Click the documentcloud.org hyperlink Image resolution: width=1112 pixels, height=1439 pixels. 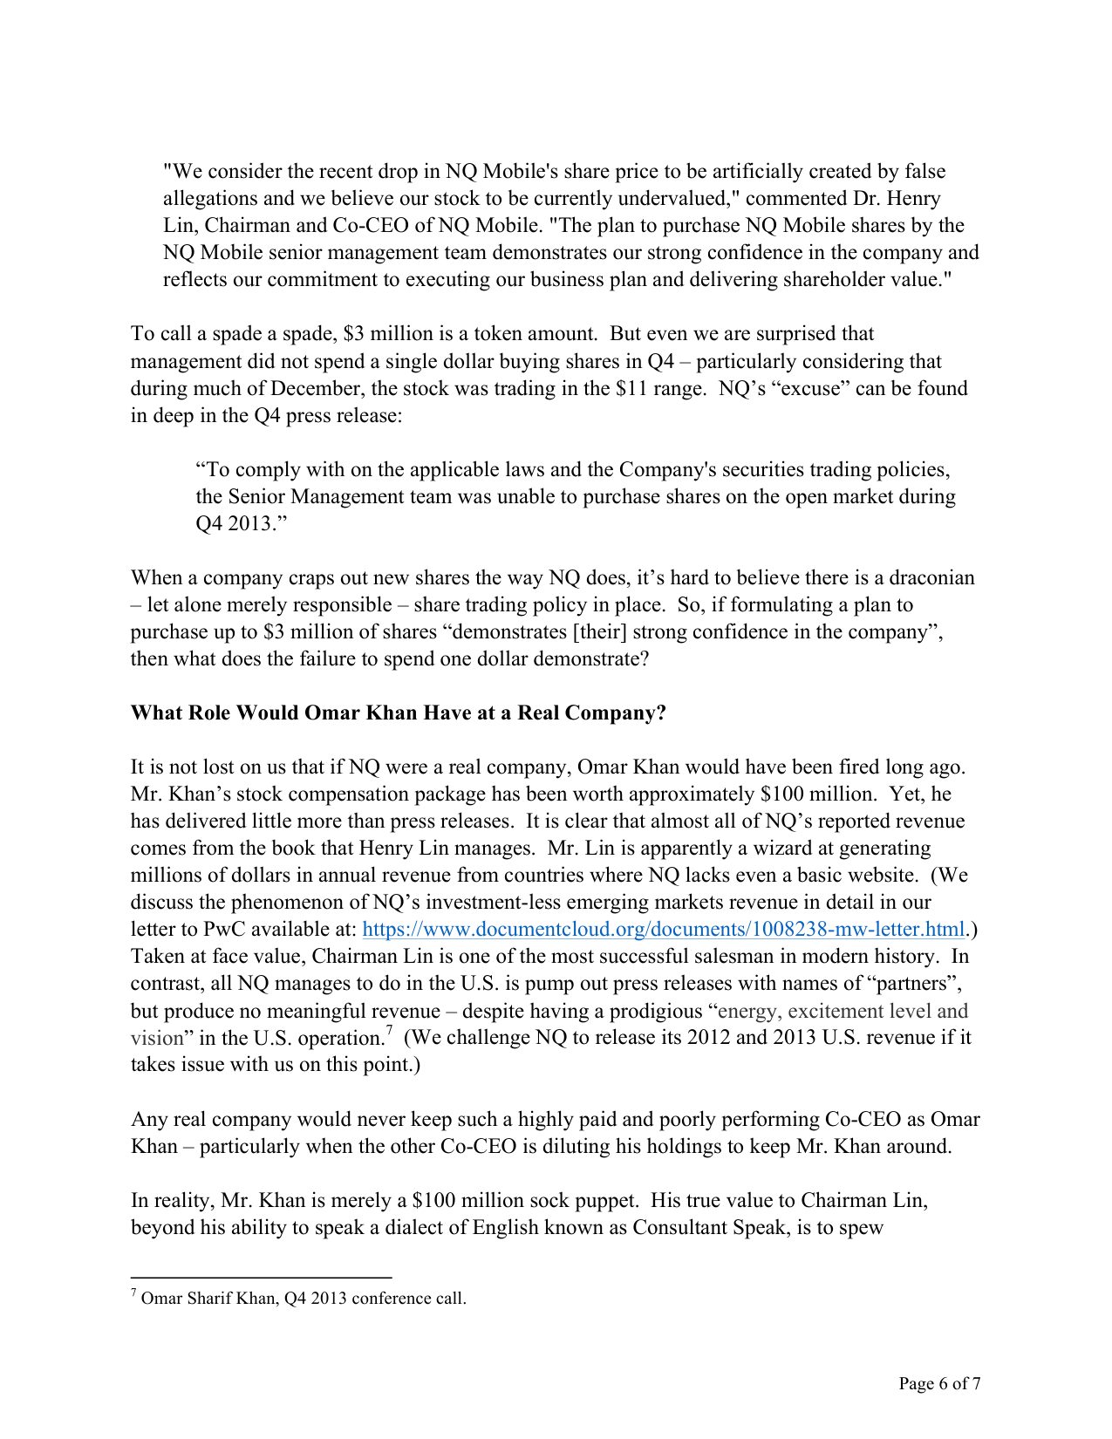[663, 929]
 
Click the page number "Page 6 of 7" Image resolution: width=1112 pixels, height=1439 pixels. [939, 1383]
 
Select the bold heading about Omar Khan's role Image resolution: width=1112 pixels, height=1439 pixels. [398, 713]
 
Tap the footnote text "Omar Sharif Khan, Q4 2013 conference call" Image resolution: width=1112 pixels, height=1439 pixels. [303, 1299]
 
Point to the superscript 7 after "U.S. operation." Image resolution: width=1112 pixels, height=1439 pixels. [389, 1032]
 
